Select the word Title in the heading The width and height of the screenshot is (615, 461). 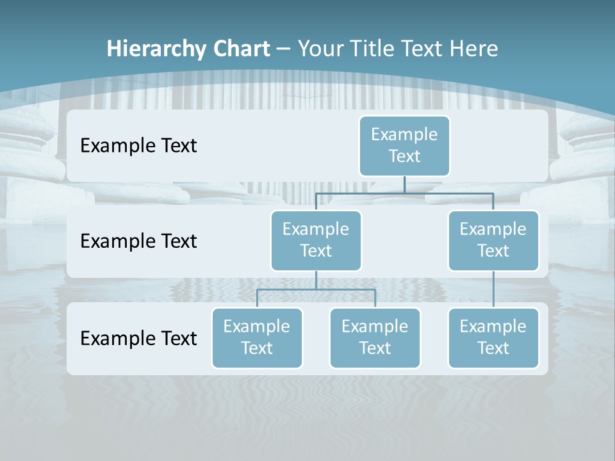[375, 49]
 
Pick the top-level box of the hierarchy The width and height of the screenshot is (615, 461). [404, 145]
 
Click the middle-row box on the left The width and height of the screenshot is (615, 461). [316, 240]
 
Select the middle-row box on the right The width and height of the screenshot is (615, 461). [493, 240]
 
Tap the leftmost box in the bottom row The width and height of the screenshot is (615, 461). [257, 337]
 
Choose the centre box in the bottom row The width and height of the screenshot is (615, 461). [375, 337]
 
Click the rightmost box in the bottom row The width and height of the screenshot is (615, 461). [493, 337]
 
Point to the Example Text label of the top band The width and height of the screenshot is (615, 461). [138, 146]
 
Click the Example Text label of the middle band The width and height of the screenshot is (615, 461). [138, 241]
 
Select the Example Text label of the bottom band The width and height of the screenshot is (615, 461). [138, 338]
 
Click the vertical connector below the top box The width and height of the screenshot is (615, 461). [404, 184]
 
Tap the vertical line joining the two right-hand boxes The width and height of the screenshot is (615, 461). [493, 289]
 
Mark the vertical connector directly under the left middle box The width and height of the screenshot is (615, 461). [316, 280]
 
